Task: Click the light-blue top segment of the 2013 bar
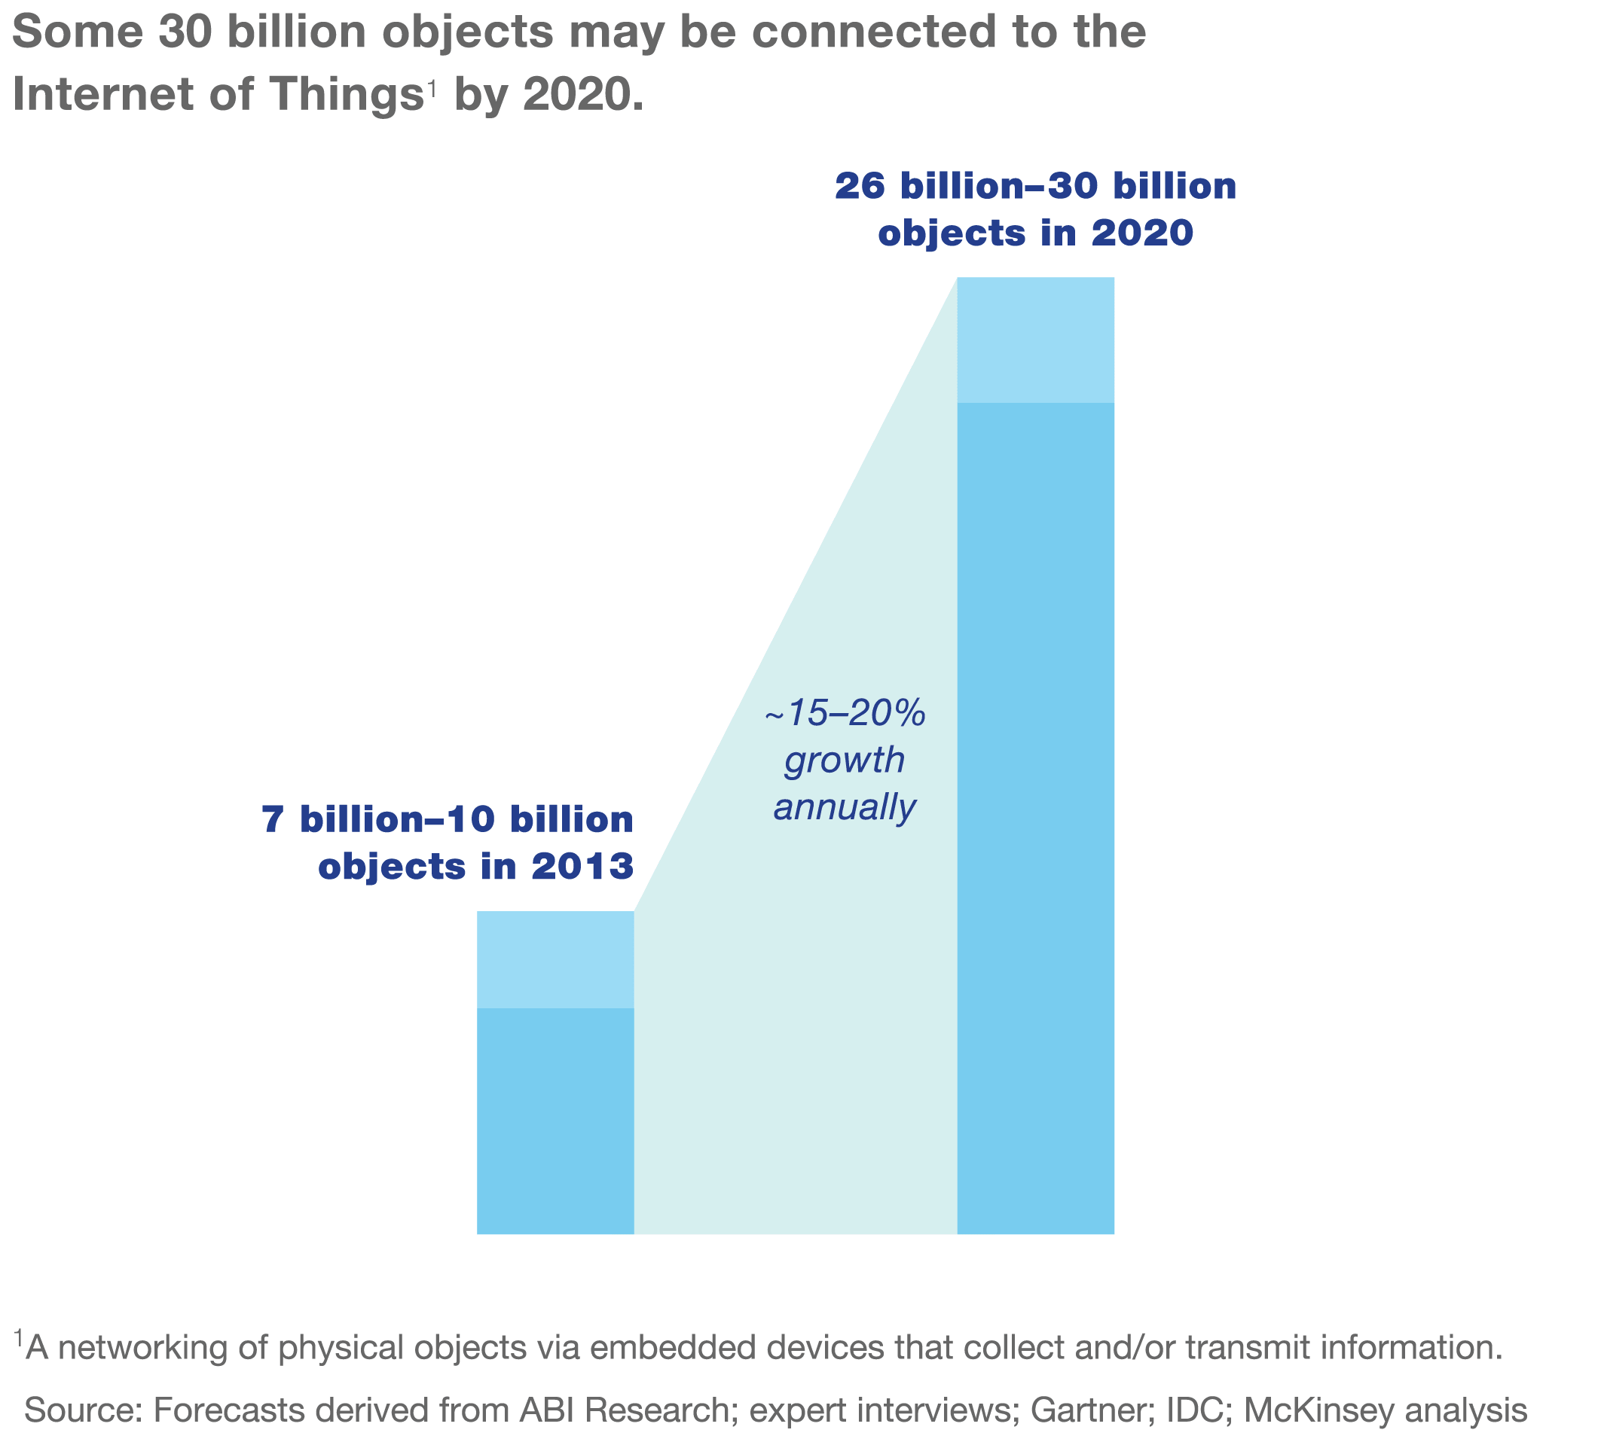tap(555, 959)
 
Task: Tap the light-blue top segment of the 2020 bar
tap(1035, 340)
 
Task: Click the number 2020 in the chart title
tap(574, 94)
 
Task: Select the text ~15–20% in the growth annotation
tap(845, 714)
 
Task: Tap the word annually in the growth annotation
tap(845, 808)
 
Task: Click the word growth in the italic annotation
tap(845, 761)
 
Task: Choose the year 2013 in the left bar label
tap(583, 867)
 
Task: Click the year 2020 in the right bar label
tap(1142, 233)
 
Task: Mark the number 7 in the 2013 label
tap(272, 821)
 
